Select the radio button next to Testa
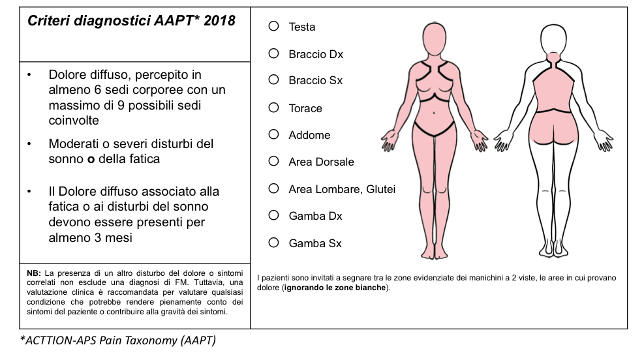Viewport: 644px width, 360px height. point(274,26)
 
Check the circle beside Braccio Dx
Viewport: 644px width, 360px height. point(274,53)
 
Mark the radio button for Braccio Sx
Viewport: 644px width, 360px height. point(274,80)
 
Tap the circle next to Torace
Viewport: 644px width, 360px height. point(274,108)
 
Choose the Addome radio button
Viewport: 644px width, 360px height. point(274,134)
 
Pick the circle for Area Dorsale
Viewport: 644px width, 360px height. point(274,161)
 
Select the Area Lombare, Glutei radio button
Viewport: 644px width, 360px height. point(274,188)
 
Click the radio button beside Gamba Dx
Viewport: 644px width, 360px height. point(274,215)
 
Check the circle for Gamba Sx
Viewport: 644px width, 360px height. point(274,243)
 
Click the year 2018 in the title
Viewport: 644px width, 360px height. point(219,21)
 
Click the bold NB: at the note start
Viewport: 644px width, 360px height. point(34,272)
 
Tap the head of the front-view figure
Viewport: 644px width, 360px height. point(434,38)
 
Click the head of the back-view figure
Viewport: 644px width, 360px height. point(553,38)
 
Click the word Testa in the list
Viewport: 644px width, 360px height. point(302,27)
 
